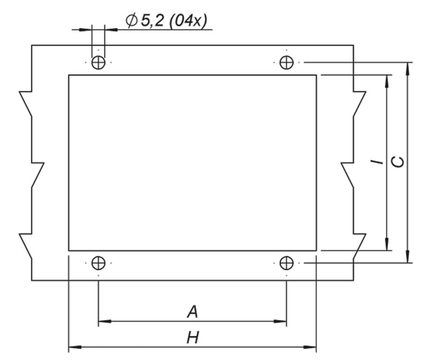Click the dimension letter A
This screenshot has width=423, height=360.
[x=192, y=312]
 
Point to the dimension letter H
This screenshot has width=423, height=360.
[x=193, y=337]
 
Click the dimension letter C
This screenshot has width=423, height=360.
[x=398, y=162]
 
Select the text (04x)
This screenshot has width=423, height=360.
[x=188, y=20]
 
